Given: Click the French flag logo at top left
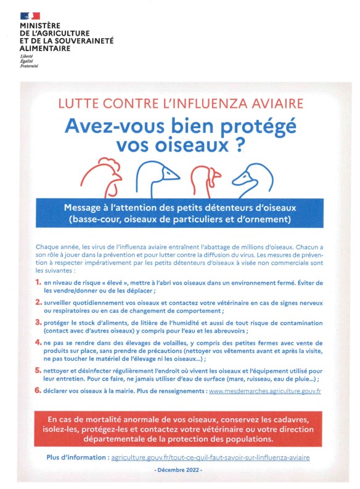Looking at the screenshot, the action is pos(30,15).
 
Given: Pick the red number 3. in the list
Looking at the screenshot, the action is pos(38,321).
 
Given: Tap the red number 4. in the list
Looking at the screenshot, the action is pos(38,341).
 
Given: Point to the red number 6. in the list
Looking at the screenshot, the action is pos(38,390).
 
